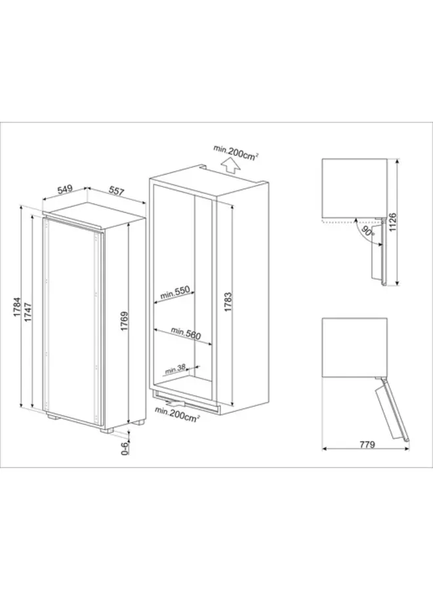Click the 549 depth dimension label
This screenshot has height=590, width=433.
point(64,190)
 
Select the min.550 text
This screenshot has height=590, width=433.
point(174,291)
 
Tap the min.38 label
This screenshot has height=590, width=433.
point(175,370)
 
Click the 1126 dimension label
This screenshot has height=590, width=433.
point(394,224)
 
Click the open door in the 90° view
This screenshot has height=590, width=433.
point(378,262)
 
